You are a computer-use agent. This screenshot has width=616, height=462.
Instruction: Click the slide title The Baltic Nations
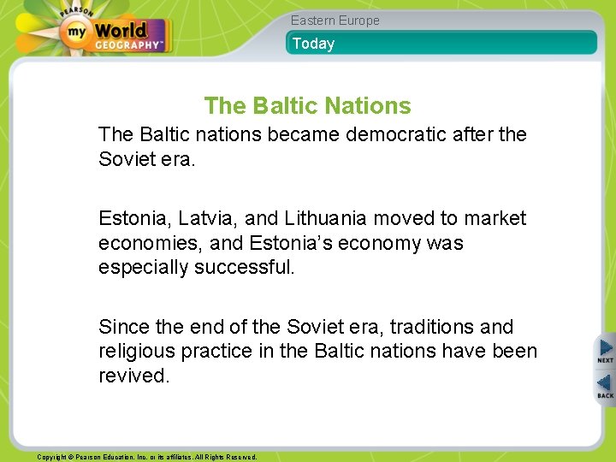point(307,106)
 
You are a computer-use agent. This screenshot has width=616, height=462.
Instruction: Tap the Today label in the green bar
point(313,44)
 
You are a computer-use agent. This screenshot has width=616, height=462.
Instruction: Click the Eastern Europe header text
point(335,21)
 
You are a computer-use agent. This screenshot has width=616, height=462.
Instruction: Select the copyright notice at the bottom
point(146,457)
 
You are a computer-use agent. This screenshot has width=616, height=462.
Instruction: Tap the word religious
point(133,352)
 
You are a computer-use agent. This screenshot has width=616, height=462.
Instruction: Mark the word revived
point(133,376)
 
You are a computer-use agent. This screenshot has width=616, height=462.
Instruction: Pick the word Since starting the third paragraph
point(121,327)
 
